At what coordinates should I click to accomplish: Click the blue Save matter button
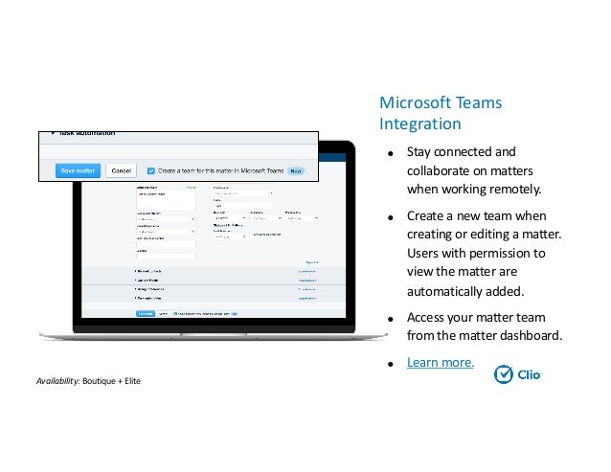pos(78,170)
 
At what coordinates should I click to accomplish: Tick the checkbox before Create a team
pos(151,170)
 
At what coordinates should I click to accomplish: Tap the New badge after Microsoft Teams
pos(296,171)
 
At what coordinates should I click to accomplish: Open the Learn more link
pos(440,363)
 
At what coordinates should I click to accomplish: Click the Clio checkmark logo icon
pos(504,374)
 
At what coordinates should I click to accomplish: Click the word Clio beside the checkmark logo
pos(530,375)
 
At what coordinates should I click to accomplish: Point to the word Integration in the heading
pos(419,124)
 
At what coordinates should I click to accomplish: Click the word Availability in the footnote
pos(57,382)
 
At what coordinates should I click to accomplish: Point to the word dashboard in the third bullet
pos(529,335)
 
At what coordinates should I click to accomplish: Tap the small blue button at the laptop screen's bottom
pos(145,313)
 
